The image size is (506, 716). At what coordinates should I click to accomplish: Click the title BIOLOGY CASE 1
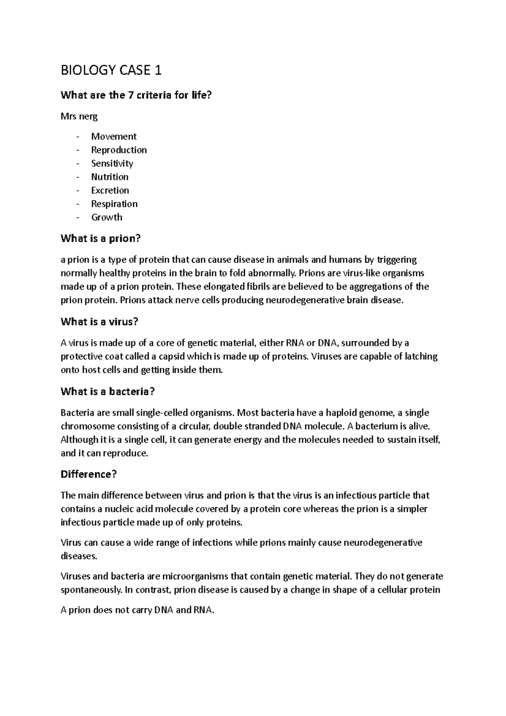point(111,70)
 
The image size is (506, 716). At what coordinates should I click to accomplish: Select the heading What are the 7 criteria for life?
point(135,95)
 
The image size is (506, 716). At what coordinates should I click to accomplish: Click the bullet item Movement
point(114,136)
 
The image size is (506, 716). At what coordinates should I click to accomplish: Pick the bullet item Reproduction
point(119,150)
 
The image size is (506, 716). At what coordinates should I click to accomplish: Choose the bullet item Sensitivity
point(112,163)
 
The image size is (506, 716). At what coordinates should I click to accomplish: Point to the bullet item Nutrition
point(110,177)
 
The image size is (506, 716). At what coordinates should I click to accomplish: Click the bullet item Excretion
point(110,190)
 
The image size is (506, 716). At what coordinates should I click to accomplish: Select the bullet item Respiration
point(114,204)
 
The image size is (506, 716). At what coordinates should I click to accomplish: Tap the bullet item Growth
point(107,217)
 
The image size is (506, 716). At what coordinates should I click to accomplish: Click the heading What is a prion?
point(100,239)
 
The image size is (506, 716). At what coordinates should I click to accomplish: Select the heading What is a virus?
point(100,322)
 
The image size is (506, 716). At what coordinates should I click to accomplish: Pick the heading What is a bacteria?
point(108,392)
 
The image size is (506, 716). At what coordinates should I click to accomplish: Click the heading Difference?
point(89,474)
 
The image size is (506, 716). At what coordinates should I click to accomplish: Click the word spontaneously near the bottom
point(92,590)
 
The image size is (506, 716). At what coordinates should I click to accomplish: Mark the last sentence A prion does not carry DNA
point(137,610)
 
